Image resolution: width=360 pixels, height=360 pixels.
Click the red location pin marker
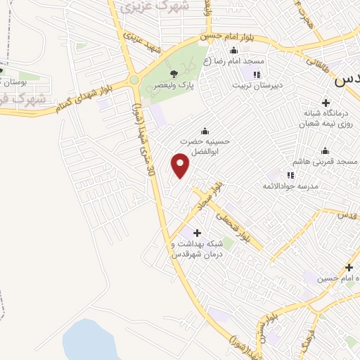[181, 166]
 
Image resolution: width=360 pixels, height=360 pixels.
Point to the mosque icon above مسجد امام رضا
[233, 51]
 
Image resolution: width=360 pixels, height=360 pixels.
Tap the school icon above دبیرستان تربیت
[257, 75]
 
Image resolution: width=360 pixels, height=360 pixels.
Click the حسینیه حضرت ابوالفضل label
[204, 145]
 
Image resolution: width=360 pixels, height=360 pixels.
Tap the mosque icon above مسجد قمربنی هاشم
[325, 150]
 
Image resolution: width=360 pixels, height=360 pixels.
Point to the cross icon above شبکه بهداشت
[196, 233]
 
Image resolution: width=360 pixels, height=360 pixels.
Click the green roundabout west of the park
[134, 80]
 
